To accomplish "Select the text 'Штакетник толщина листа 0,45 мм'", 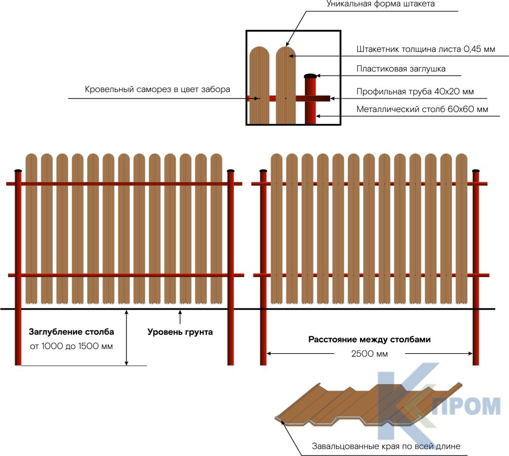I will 426,49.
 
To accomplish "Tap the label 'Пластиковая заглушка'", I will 401,69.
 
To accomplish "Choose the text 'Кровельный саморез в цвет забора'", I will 158,89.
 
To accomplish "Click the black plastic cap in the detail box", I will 310,76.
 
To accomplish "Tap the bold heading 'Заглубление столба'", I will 71,332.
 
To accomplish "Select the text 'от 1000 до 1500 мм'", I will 71,346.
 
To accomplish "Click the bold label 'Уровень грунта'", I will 180,332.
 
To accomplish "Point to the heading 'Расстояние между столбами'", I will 369,340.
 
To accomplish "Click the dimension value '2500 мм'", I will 369,354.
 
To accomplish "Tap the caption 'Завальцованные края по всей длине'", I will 386,447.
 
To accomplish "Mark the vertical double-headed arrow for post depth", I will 127,338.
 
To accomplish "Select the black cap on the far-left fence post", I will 18,171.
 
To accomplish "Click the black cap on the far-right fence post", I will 476,171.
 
